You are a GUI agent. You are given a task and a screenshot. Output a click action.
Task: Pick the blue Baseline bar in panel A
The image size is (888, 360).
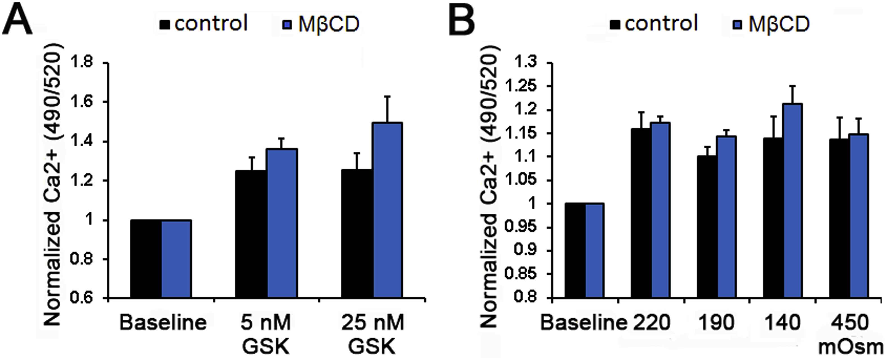pos(176,259)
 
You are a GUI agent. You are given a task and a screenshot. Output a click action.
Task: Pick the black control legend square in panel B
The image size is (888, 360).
pos(615,24)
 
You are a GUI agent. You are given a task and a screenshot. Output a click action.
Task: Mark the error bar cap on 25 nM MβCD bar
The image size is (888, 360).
pos(388,97)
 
